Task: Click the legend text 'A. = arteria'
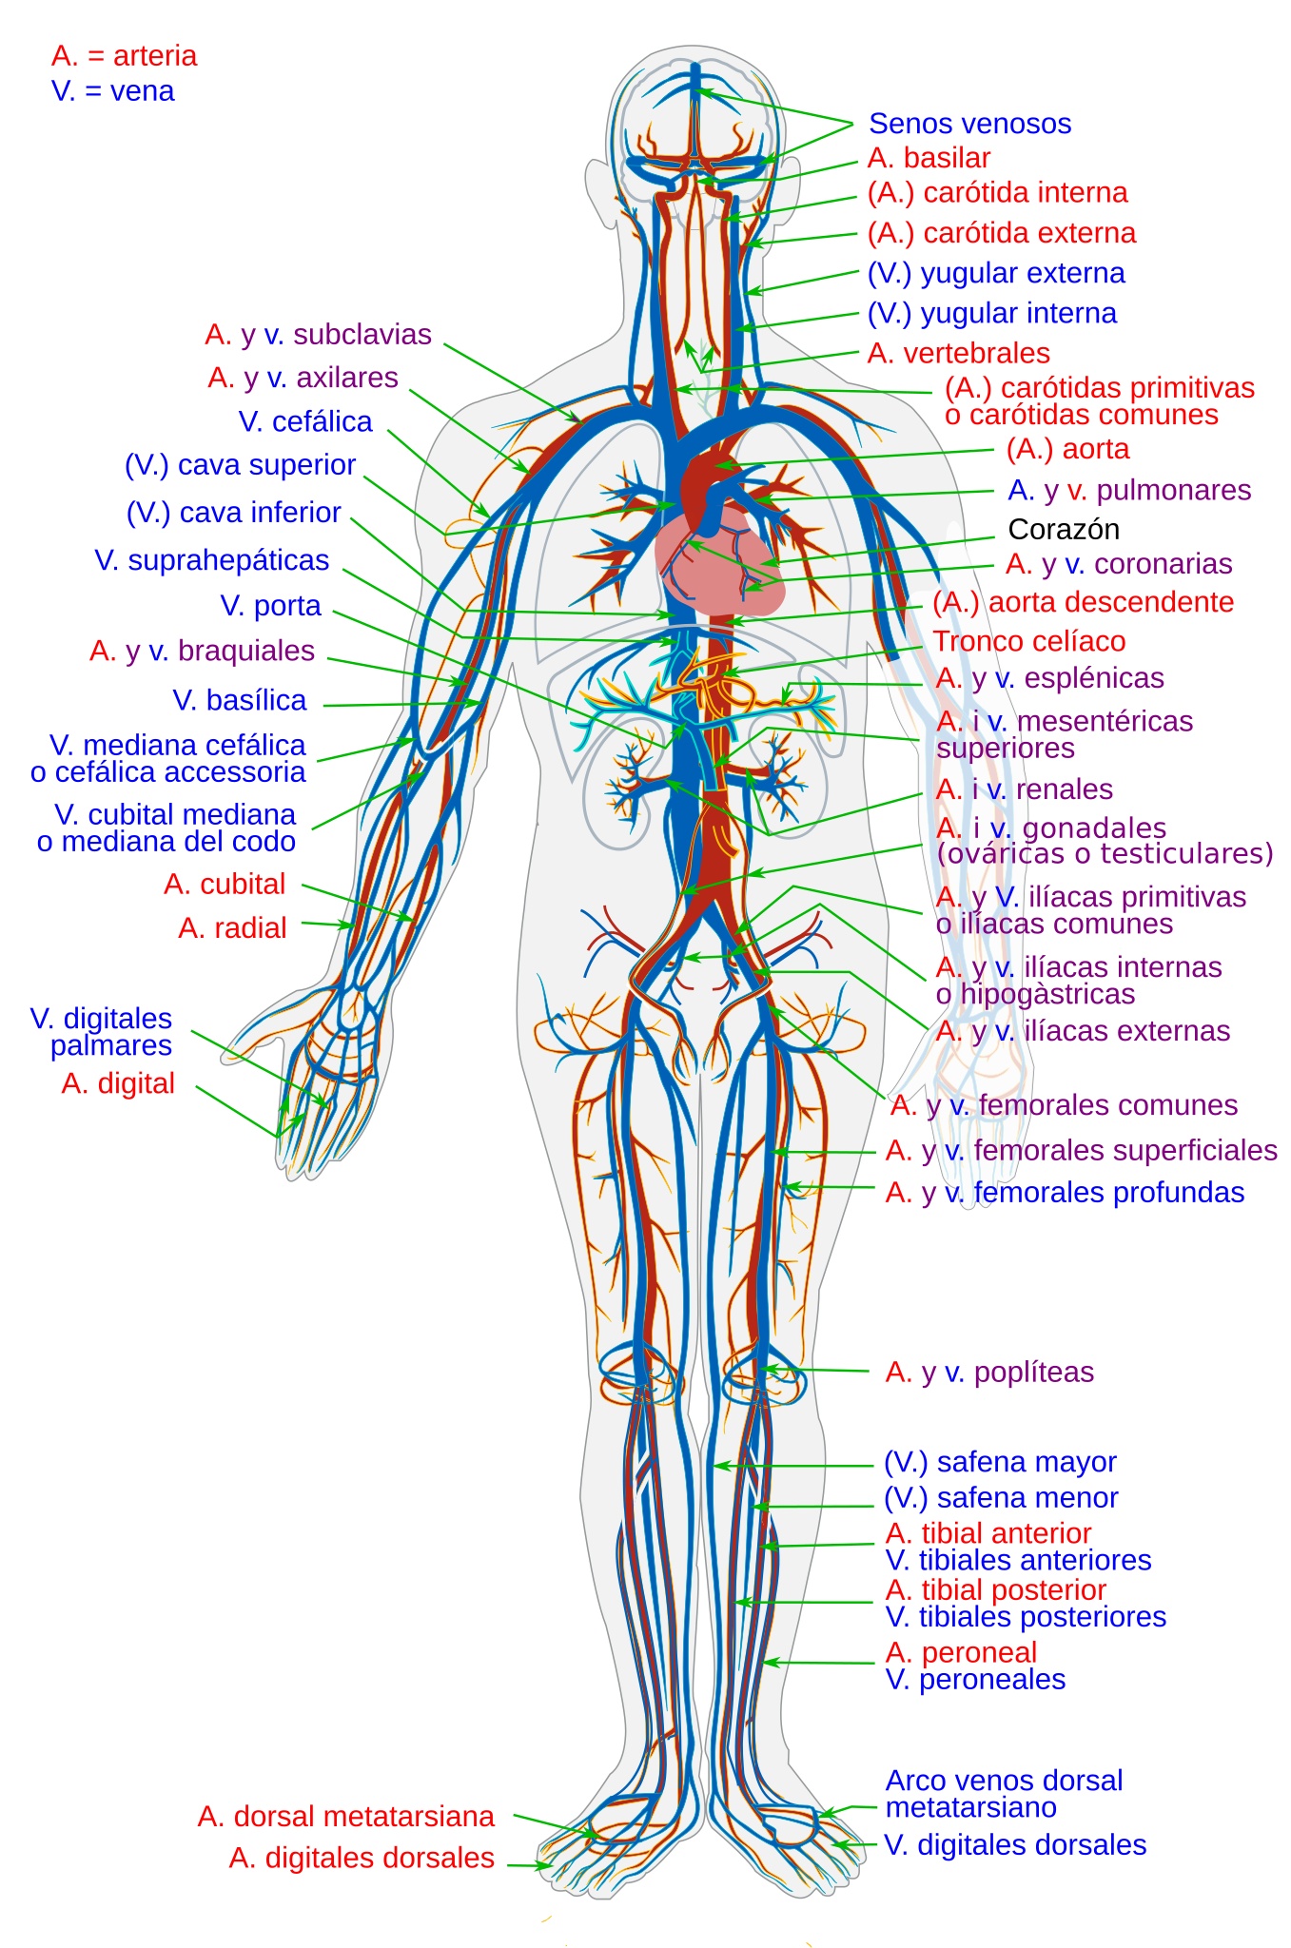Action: (125, 56)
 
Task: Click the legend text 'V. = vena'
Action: (113, 91)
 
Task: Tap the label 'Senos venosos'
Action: (969, 124)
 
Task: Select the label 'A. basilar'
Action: (929, 158)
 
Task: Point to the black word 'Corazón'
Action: (1063, 529)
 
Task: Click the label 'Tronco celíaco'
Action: (1028, 641)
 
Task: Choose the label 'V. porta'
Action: (270, 606)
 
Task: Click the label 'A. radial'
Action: (232, 928)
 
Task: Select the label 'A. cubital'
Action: (225, 885)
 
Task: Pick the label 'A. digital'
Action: (118, 1083)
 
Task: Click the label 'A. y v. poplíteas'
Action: (989, 1373)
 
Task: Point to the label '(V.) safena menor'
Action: (1001, 1498)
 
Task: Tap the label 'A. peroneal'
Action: (961, 1653)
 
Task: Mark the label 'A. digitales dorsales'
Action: (362, 1858)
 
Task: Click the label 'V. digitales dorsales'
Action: (1015, 1845)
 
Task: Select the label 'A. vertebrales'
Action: (958, 354)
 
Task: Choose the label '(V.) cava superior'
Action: (241, 465)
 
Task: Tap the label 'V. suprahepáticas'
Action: (212, 560)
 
